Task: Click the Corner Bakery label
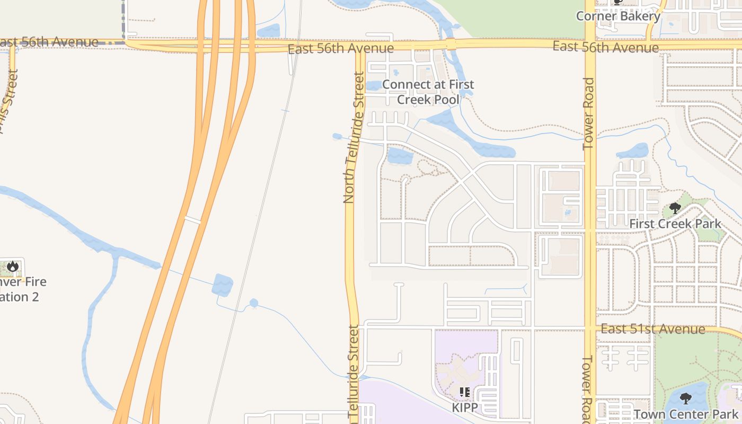pyautogui.click(x=618, y=16)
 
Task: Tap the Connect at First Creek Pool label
pyautogui.click(x=428, y=92)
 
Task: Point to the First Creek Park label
pyautogui.click(x=675, y=224)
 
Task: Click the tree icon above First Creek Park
pyautogui.click(x=675, y=208)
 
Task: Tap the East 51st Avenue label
pyautogui.click(x=652, y=329)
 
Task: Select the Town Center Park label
pyautogui.click(x=686, y=414)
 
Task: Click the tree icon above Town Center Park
pyautogui.click(x=686, y=398)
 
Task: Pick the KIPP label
pyautogui.click(x=465, y=408)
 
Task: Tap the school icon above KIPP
pyautogui.click(x=465, y=392)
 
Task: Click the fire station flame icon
pyautogui.click(x=13, y=266)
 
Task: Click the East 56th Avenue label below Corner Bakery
pyautogui.click(x=605, y=47)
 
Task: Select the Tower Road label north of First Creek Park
pyautogui.click(x=589, y=114)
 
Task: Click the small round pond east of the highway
pyautogui.click(x=254, y=303)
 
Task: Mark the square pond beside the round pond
pyautogui.click(x=223, y=285)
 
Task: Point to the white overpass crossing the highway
pyautogui.click(x=192, y=219)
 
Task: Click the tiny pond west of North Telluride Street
pyautogui.click(x=337, y=137)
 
